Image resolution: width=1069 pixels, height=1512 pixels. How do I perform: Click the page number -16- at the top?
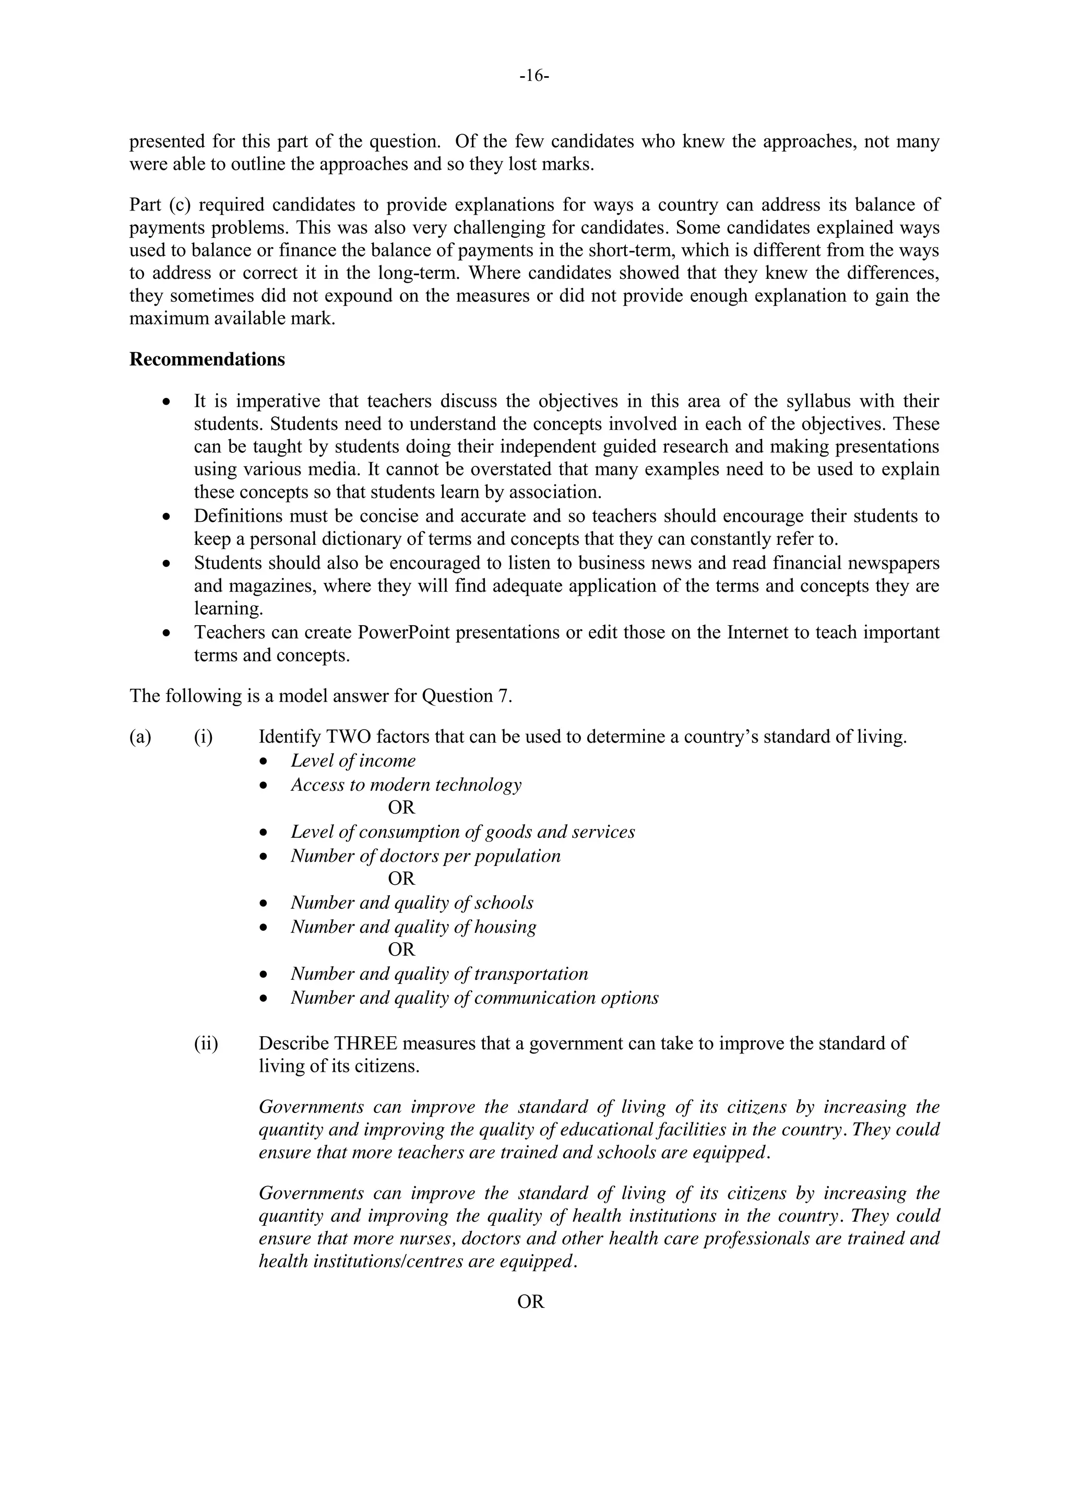(x=534, y=77)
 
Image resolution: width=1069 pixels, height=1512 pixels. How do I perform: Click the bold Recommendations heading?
(x=207, y=359)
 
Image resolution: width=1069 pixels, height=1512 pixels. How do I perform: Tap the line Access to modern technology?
(x=406, y=785)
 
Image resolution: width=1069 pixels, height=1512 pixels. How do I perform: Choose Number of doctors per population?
(x=426, y=856)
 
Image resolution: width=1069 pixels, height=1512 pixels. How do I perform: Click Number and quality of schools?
(x=412, y=903)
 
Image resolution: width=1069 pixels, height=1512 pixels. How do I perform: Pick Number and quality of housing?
(x=413, y=927)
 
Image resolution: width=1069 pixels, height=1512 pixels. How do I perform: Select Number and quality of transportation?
(x=439, y=974)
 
